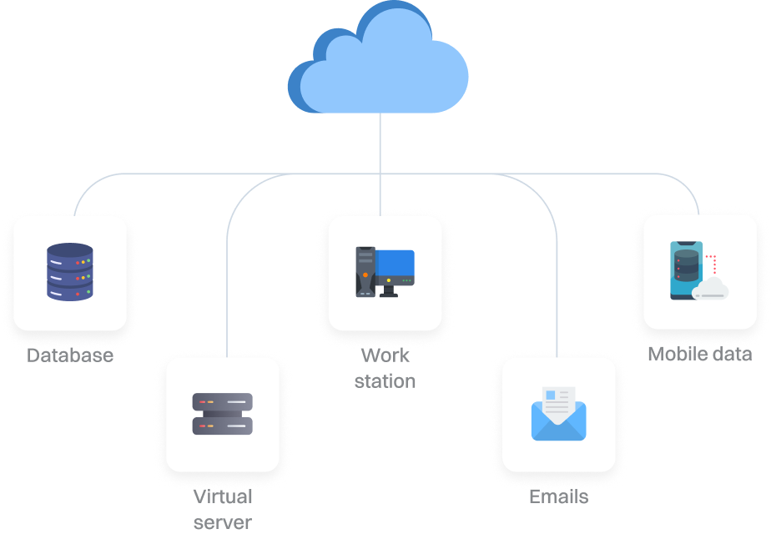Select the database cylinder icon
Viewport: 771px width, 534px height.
pos(70,272)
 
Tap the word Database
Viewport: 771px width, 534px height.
pos(70,355)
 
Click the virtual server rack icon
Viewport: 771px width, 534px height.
pos(222,414)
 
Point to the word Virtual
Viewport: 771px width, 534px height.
pos(223,497)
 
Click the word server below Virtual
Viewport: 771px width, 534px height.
pos(223,523)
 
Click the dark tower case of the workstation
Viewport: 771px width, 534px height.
pos(365,271)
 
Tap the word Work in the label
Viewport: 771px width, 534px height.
pos(385,355)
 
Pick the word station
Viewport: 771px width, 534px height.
pos(385,381)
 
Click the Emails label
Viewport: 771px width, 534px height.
pos(558,497)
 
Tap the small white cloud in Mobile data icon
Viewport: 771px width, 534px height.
pos(711,290)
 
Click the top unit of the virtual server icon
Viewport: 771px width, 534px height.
pos(222,402)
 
